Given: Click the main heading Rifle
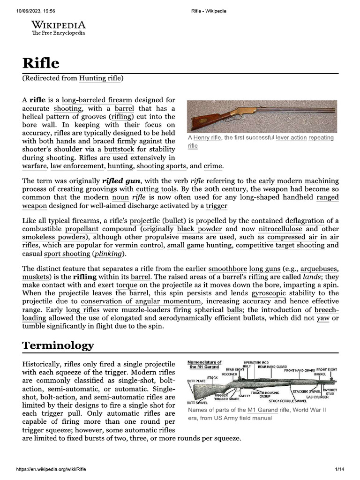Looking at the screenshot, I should click(41, 63).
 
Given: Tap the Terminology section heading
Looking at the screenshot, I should click(58, 346).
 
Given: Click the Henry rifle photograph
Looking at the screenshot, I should click(262, 116).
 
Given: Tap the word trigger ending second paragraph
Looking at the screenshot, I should click(217, 206).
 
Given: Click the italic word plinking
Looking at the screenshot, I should click(109, 254).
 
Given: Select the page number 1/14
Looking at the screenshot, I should click(339, 469).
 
